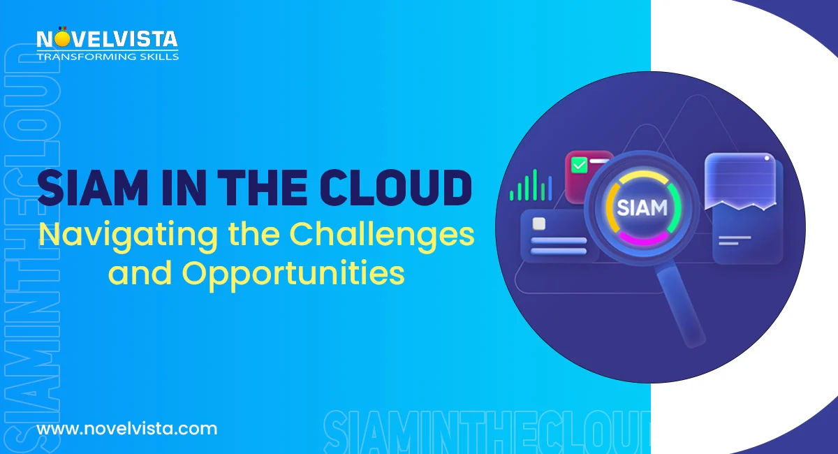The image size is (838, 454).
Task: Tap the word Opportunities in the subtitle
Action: click(294, 273)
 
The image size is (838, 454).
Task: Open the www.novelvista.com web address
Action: click(126, 428)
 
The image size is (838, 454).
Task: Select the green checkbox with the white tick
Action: click(579, 166)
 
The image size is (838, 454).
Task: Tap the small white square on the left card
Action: click(538, 224)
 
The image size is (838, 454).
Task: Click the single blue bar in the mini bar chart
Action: click(550, 186)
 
